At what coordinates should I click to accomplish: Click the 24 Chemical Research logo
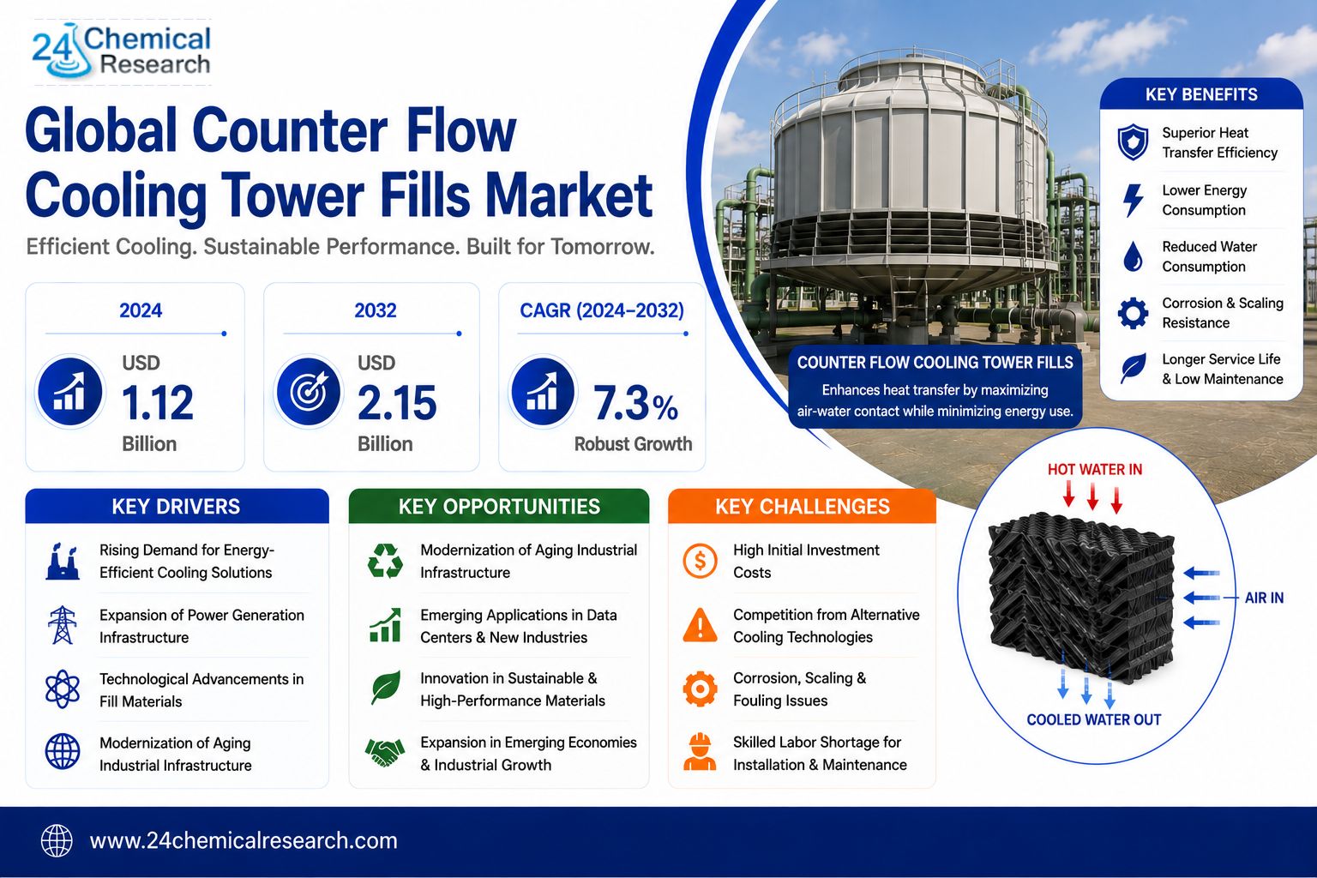click(x=121, y=51)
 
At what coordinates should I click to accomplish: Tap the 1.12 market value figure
click(x=158, y=403)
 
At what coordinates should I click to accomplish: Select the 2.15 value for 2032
click(x=397, y=403)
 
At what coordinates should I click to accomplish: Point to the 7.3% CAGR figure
click(x=635, y=404)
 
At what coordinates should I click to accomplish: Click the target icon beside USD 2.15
click(x=308, y=392)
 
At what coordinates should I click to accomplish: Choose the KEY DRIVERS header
click(x=177, y=507)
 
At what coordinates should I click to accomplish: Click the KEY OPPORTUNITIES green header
click(x=499, y=507)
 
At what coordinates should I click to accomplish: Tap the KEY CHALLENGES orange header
click(x=802, y=507)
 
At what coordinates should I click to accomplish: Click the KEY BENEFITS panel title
click(x=1201, y=94)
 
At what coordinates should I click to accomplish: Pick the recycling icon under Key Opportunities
click(x=385, y=561)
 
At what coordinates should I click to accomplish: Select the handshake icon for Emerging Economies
click(x=385, y=753)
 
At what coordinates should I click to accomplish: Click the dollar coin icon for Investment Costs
click(x=700, y=561)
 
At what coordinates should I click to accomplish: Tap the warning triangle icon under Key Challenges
click(x=700, y=624)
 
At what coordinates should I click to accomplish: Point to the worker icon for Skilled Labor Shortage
click(x=700, y=752)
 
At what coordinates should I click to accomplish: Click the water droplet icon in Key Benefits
click(x=1133, y=256)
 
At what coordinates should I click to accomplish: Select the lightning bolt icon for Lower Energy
click(x=1133, y=200)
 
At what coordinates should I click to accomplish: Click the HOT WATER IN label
click(x=1095, y=469)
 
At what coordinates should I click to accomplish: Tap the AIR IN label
click(x=1264, y=598)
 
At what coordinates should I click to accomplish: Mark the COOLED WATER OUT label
click(x=1093, y=720)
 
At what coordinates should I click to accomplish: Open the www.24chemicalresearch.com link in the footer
click(x=244, y=841)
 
